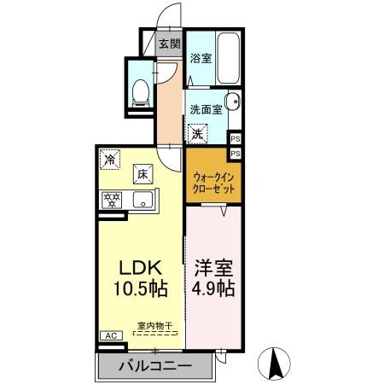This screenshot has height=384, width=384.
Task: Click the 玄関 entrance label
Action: [x=169, y=44]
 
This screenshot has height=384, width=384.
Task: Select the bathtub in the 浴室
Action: [x=230, y=56]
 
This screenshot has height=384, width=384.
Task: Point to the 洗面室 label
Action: [x=206, y=109]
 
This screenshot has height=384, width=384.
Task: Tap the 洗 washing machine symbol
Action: [x=198, y=134]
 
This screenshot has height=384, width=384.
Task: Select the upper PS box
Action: [x=236, y=138]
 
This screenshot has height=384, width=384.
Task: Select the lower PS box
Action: [x=236, y=153]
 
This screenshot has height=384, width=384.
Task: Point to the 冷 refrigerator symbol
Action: [x=110, y=158]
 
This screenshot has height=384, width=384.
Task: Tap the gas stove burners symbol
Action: [x=111, y=201]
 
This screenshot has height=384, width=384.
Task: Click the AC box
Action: [x=109, y=336]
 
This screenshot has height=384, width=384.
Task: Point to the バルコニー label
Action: [x=154, y=368]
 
